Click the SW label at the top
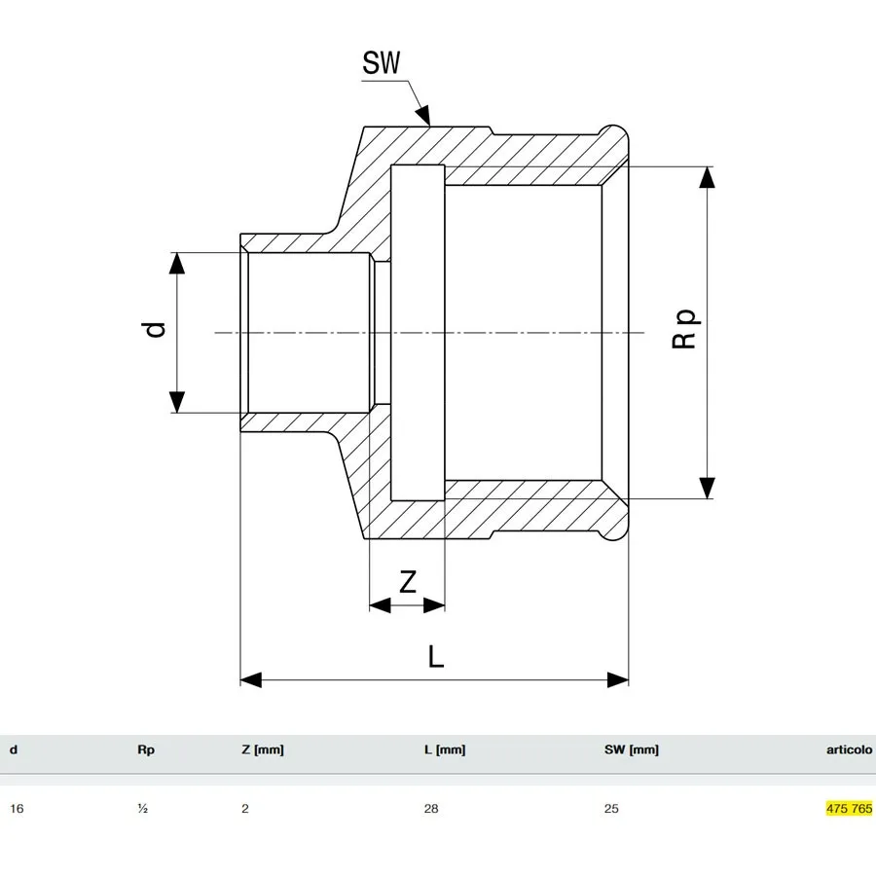(382, 62)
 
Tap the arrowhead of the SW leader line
(424, 115)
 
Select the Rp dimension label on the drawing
(684, 329)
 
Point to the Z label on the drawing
(408, 582)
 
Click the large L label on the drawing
(436, 656)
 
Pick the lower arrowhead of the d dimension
(177, 402)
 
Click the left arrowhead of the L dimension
(251, 680)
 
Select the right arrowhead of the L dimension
(618, 680)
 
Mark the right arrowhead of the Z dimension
(434, 605)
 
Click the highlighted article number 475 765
(849, 809)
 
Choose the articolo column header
(849, 749)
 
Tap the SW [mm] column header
(632, 749)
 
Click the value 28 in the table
(431, 809)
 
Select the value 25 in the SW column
(611, 809)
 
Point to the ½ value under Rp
(142, 809)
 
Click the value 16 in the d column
(17, 809)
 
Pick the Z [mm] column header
(263, 749)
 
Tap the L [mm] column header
(445, 749)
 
